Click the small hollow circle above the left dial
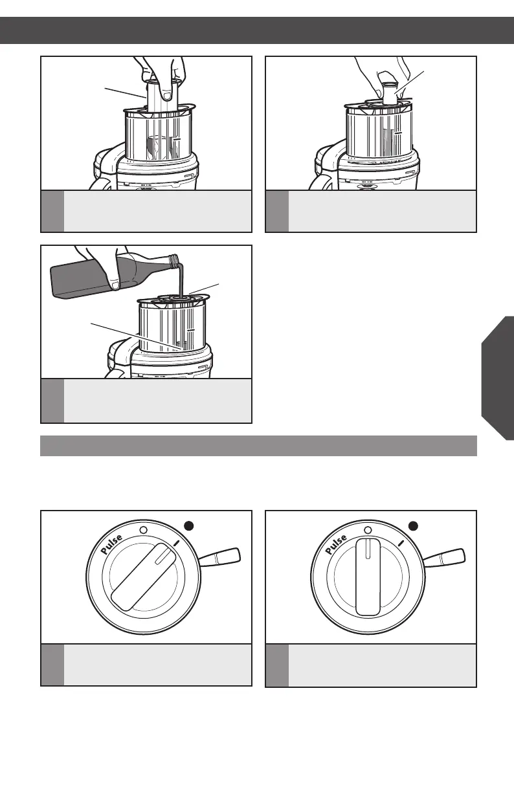143,529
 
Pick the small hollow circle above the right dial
368,529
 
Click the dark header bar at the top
257,30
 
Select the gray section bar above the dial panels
258,446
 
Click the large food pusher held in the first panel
159,97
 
